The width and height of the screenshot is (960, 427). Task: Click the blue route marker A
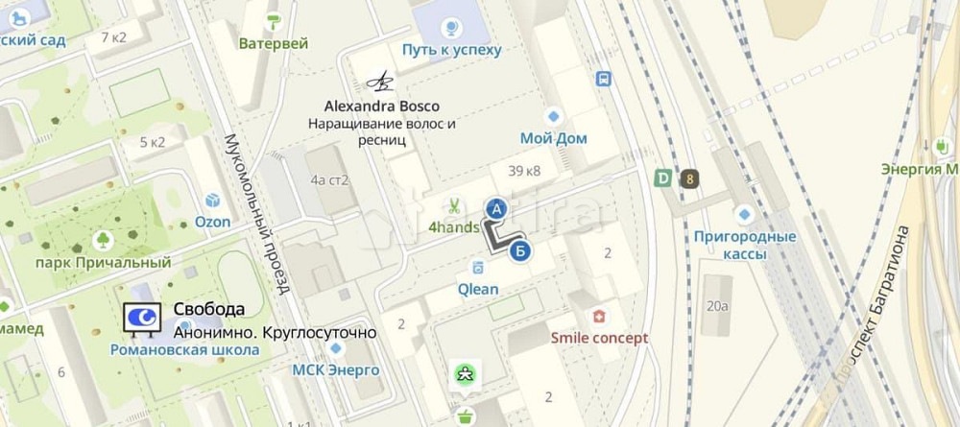point(496,207)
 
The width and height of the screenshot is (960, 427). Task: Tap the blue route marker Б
point(519,251)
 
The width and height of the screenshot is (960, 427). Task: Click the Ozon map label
point(213,222)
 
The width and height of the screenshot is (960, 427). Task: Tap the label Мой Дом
point(553,138)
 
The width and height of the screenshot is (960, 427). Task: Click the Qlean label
point(477,289)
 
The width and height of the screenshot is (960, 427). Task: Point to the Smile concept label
point(599,338)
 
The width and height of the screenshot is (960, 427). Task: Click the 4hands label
point(453,227)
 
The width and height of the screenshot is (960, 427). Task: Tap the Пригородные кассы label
point(745,245)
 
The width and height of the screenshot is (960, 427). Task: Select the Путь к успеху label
point(451,49)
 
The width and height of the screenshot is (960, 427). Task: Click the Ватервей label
point(274,43)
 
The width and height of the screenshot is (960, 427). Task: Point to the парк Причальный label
point(103,262)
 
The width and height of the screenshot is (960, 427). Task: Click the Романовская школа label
point(184,350)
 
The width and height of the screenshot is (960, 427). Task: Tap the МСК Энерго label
point(336,369)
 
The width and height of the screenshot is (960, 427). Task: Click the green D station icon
point(662,178)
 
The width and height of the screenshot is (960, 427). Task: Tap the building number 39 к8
point(524,171)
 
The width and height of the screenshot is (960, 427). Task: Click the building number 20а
point(717,306)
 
